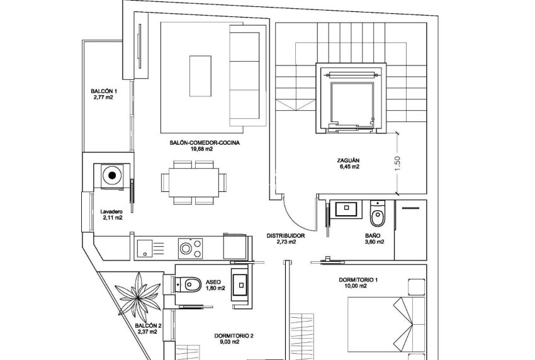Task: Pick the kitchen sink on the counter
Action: (144, 247)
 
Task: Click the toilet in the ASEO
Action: (190, 284)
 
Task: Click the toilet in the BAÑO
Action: (378, 217)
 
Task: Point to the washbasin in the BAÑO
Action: (345, 209)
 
